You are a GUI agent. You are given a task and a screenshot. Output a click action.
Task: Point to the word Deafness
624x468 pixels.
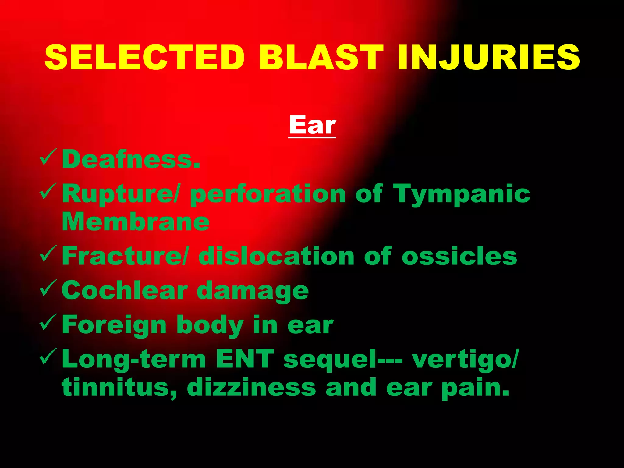pyautogui.click(x=131, y=159)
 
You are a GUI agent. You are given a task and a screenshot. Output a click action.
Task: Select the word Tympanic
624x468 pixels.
pyautogui.click(x=462, y=194)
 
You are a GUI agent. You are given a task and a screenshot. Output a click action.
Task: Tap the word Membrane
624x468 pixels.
pyautogui.click(x=136, y=222)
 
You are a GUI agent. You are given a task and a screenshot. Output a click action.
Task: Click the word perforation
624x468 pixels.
pyautogui.click(x=268, y=194)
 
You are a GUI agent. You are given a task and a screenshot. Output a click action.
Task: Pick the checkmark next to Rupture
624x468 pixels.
pyautogui.click(x=48, y=192)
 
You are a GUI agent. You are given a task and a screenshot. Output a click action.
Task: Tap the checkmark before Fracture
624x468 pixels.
pyautogui.click(x=48, y=254)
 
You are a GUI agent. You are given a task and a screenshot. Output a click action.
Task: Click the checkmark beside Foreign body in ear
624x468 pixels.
pyautogui.click(x=48, y=323)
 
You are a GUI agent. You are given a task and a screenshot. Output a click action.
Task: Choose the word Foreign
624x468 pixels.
pyautogui.click(x=114, y=325)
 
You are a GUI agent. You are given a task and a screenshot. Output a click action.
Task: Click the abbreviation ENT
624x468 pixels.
pyautogui.click(x=245, y=359)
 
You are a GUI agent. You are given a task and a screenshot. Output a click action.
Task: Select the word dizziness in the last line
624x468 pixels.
pyautogui.click(x=251, y=388)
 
